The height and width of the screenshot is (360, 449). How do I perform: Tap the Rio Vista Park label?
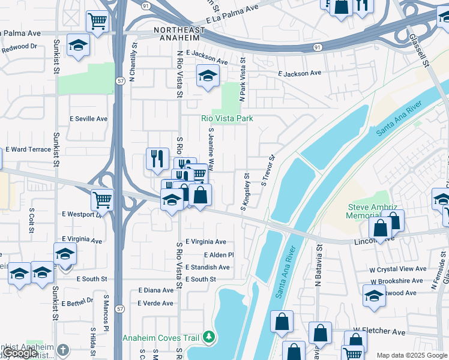pyautogui.click(x=227, y=119)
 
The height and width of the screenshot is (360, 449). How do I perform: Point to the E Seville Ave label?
pyautogui.click(x=89, y=119)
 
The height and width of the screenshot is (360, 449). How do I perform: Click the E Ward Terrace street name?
pyautogui.click(x=28, y=149)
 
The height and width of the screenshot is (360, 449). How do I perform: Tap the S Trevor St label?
pyautogui.click(x=268, y=171)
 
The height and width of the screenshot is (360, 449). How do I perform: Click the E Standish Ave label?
pyautogui.click(x=209, y=267)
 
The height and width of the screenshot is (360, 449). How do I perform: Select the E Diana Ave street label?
pyautogui.click(x=155, y=290)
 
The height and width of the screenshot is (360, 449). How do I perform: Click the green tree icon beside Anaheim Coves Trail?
pyautogui.click(x=208, y=337)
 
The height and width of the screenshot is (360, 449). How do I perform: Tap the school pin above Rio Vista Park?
pyautogui.click(x=208, y=76)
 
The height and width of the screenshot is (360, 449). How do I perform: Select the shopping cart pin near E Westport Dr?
pyautogui.click(x=103, y=200)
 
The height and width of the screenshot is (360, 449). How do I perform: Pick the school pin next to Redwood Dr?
pyautogui.click(x=77, y=45)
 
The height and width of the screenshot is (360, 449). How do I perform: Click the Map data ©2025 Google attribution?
pyautogui.click(x=411, y=355)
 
